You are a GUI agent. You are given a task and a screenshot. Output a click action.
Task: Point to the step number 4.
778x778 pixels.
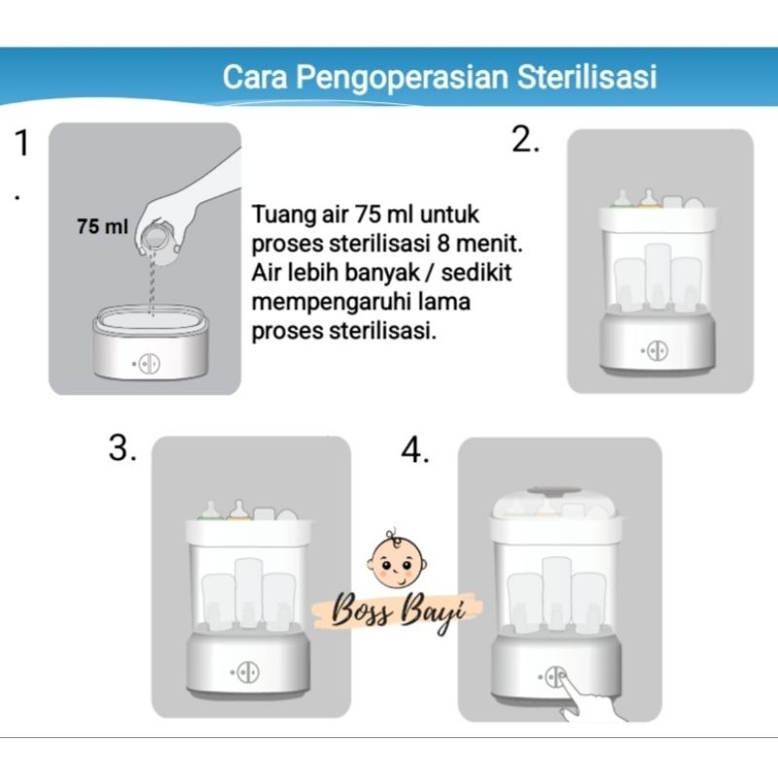[x=414, y=451]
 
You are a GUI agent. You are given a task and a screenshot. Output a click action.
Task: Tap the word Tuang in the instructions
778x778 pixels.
[x=276, y=212]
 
